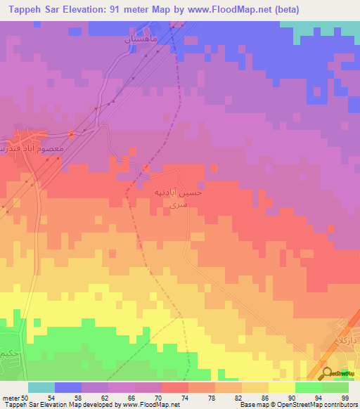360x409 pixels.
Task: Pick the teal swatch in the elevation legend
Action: [x=41, y=387]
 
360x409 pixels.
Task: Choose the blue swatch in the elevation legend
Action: [x=68, y=387]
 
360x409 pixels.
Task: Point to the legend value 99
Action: [x=345, y=398]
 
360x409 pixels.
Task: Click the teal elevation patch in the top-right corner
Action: [x=330, y=29]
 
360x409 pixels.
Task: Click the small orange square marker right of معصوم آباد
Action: [x=72, y=134]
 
